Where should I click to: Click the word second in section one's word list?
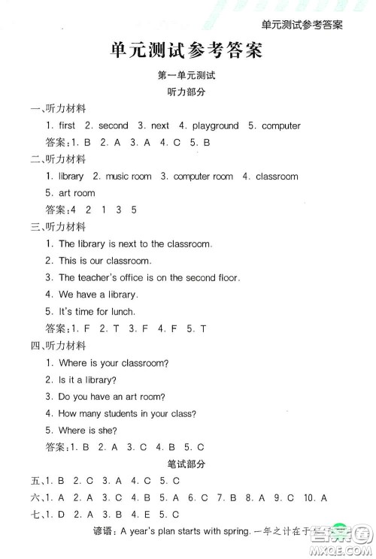coord(113,125)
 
